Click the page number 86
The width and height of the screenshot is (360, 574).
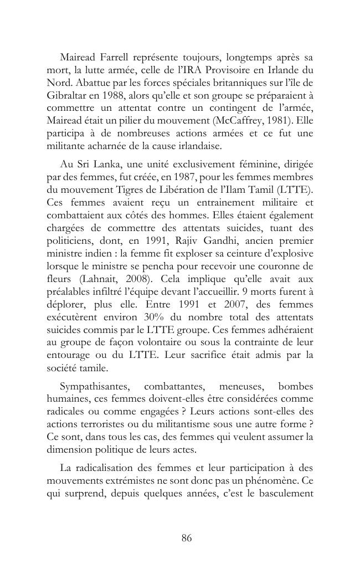[x=187, y=537]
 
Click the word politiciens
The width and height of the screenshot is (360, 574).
[x=73, y=241]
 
